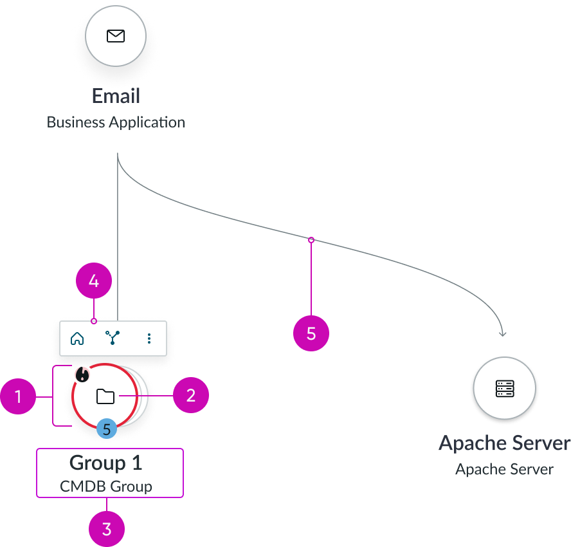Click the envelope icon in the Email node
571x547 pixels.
coord(116,36)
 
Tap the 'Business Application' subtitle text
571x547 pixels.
coord(116,122)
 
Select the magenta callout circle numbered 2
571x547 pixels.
coord(190,395)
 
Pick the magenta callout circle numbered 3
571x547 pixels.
coord(107,529)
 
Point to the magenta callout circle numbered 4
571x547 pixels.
coord(94,282)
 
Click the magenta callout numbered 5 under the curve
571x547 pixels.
coord(311,333)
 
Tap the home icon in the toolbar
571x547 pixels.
coord(77,338)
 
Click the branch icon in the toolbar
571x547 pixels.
coord(113,338)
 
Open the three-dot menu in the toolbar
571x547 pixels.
coord(149,338)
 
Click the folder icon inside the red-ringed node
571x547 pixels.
coord(105,396)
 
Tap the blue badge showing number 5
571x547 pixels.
coord(107,429)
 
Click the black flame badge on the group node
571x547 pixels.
coord(81,374)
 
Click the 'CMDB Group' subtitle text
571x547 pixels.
coord(106,486)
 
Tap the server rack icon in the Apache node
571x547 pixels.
coord(505,388)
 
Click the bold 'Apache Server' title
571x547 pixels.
coord(504,443)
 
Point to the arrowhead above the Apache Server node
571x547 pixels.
coord(503,333)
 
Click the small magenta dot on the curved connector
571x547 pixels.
coord(311,240)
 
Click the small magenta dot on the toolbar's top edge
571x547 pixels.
coord(94,320)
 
